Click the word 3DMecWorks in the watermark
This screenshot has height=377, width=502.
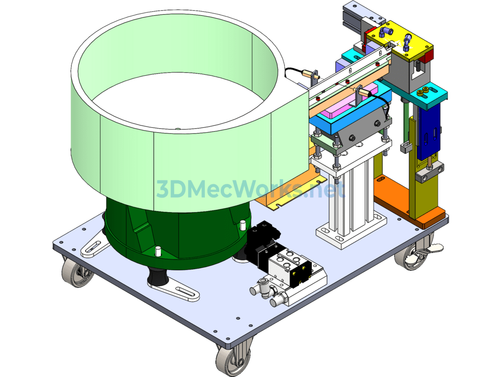[x=228, y=189]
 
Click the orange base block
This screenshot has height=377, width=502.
[x=410, y=202]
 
